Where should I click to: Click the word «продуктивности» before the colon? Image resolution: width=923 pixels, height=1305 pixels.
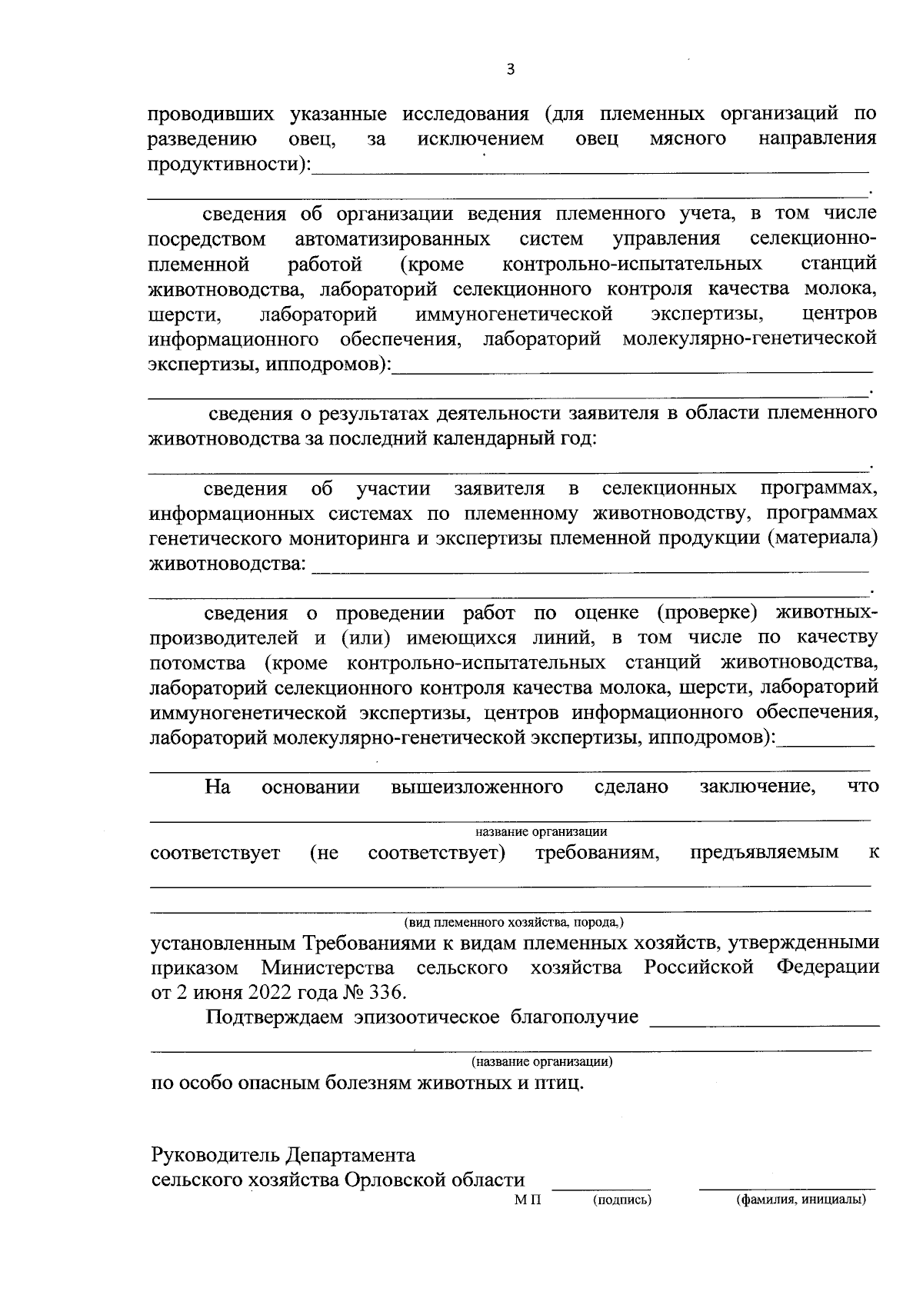224,164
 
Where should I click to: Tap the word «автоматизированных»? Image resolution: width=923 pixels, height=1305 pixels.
392,239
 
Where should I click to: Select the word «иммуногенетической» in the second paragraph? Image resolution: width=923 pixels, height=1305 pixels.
514,314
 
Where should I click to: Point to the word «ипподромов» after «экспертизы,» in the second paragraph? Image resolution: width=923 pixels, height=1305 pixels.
323,364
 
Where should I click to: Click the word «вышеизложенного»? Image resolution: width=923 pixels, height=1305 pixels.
477,787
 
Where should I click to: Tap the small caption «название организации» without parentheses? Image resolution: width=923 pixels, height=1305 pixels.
541,831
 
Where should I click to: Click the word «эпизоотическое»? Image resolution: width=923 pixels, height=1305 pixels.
427,1017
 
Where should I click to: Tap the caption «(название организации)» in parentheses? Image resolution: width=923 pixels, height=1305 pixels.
541,1062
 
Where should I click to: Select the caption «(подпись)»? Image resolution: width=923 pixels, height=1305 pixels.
621,1200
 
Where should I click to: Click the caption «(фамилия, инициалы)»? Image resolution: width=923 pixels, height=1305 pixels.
800,1200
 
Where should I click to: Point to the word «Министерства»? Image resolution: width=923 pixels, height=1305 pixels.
328,967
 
